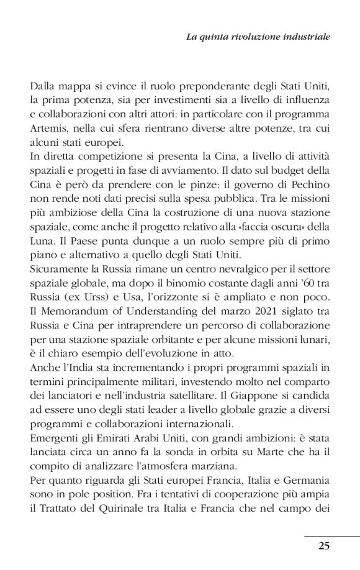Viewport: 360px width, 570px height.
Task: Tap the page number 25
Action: pyautogui.click(x=323, y=546)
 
